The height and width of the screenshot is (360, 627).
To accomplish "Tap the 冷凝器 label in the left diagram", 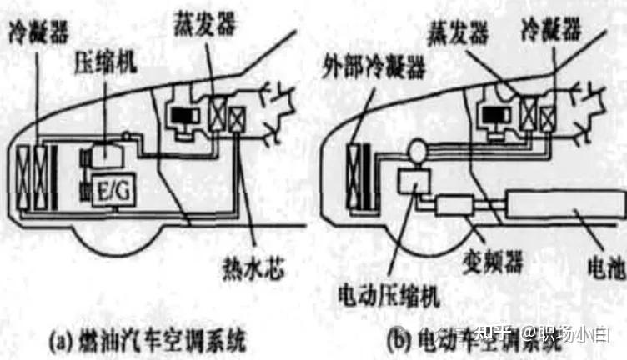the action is [38, 34].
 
